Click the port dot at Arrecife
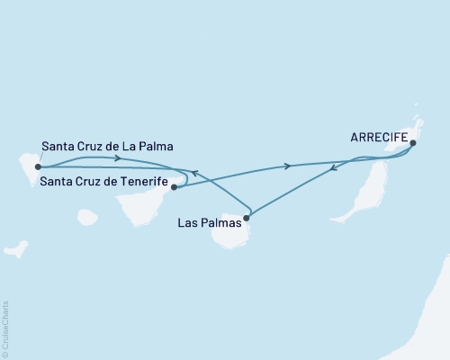412,142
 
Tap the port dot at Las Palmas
247,216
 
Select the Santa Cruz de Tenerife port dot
174,187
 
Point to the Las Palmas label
210,226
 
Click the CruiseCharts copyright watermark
6,328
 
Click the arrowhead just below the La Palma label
118,158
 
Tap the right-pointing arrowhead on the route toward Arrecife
287,166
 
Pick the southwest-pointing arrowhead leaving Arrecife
335,167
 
